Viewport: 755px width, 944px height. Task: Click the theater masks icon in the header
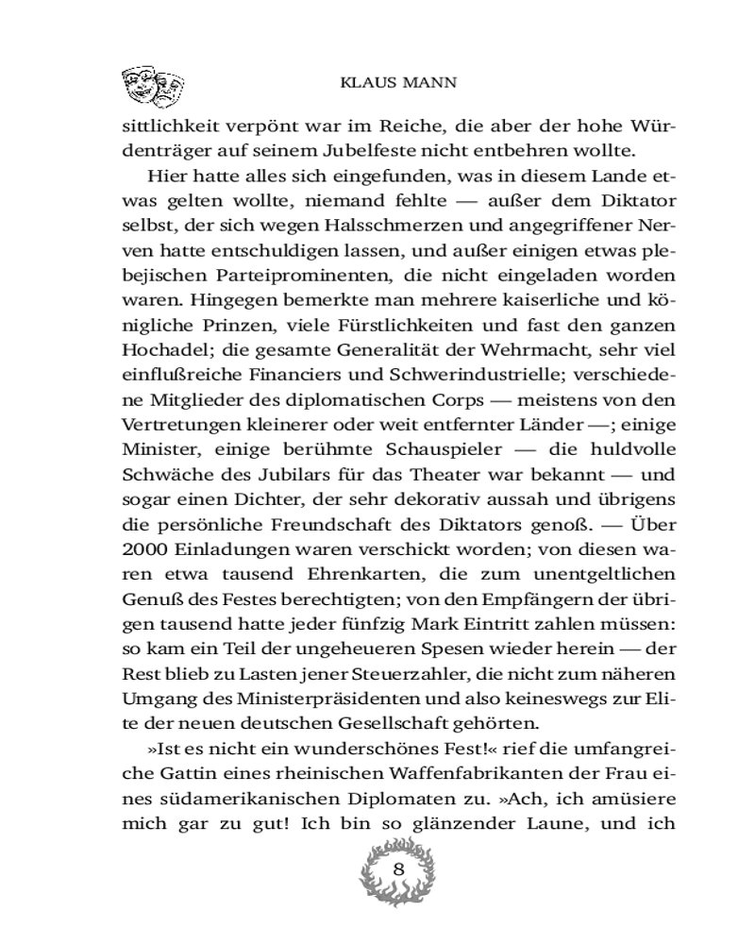point(153,87)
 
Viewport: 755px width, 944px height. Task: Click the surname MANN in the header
point(431,83)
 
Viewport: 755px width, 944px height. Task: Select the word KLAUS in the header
point(366,83)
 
